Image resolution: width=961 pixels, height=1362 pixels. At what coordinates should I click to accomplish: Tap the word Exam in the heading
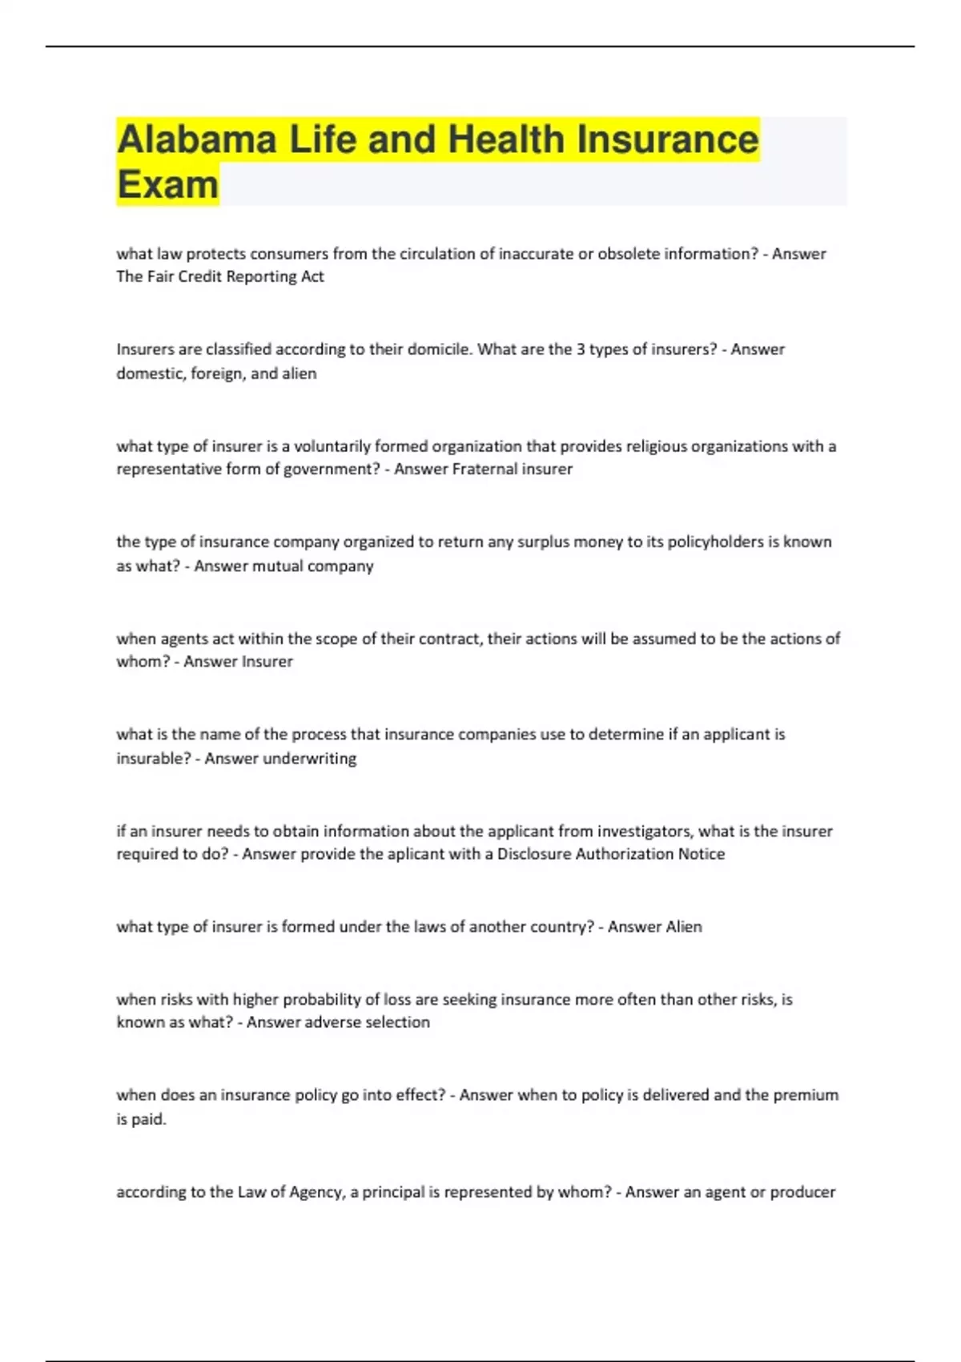[x=167, y=185]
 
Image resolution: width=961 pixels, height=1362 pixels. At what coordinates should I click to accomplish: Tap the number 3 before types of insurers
[x=581, y=349]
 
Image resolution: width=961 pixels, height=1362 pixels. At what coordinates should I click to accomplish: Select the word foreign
[x=217, y=373]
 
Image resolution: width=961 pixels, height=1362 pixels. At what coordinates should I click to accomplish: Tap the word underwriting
[x=310, y=758]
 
